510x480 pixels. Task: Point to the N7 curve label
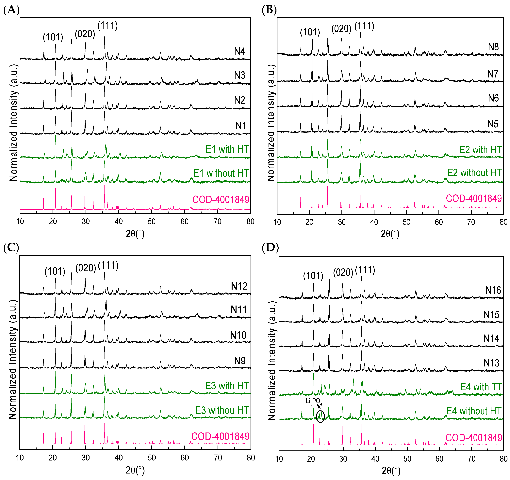click(x=493, y=74)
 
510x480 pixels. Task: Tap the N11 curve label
click(x=239, y=310)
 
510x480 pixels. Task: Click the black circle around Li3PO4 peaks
click(x=320, y=416)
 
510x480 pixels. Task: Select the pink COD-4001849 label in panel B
click(x=474, y=199)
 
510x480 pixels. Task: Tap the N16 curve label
click(x=493, y=290)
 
